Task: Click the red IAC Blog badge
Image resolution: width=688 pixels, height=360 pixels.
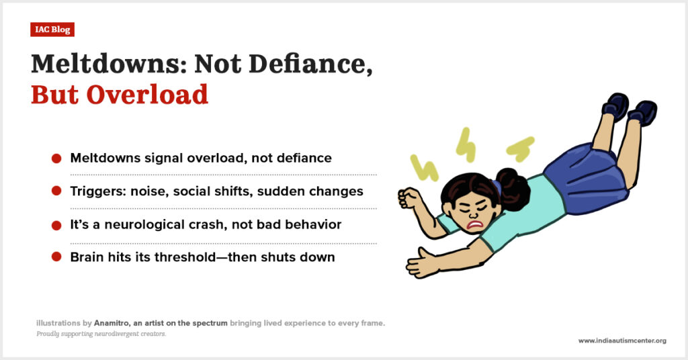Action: coord(52,30)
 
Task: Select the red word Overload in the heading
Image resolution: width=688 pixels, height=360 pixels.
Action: coord(147,95)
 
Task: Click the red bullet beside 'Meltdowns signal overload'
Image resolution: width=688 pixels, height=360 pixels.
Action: coord(56,159)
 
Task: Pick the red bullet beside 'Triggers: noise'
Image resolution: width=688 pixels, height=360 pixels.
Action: coord(56,191)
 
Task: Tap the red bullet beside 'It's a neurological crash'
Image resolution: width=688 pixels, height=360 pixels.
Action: coord(56,225)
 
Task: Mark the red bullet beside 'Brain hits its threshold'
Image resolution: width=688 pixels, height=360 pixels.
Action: coord(56,257)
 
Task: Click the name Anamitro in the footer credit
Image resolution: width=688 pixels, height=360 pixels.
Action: coord(112,323)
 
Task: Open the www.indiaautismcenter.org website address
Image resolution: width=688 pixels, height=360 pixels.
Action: coord(622,341)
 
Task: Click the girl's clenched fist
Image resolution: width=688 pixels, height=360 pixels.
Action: coord(408,199)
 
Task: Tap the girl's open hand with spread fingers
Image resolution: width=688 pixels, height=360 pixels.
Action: coord(422,263)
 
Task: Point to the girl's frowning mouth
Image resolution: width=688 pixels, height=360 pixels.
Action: coord(475,225)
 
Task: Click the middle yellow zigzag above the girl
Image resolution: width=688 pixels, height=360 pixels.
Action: coord(466,144)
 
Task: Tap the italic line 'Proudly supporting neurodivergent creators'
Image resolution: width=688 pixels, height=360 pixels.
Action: coord(101,334)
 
